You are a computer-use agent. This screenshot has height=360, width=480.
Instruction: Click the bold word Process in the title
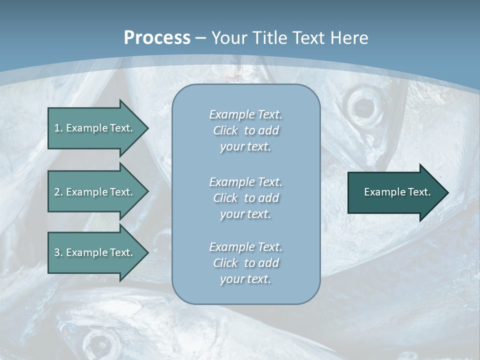[x=157, y=38]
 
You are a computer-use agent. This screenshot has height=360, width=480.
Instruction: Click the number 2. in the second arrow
[x=58, y=192]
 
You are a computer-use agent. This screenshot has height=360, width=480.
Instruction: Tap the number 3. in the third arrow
[x=58, y=252]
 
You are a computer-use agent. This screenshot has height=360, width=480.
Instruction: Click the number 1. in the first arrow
[x=58, y=128]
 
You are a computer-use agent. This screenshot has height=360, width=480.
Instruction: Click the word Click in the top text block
[x=225, y=131]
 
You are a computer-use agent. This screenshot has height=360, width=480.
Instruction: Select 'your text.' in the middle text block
[x=245, y=214]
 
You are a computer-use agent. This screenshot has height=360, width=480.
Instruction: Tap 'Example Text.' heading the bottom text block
[x=245, y=247]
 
